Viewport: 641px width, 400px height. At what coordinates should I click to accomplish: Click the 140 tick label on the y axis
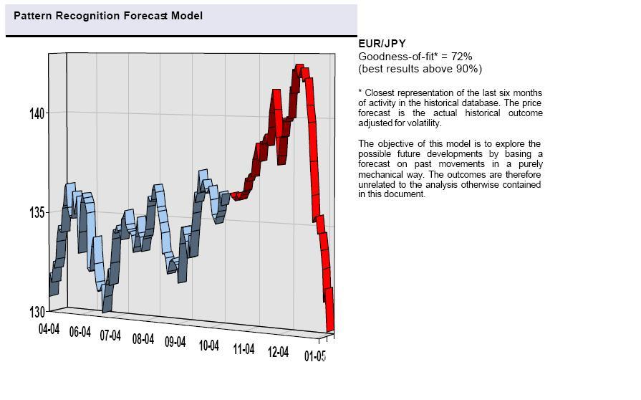(x=37, y=113)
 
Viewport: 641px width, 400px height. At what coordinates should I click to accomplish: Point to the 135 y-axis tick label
(x=37, y=212)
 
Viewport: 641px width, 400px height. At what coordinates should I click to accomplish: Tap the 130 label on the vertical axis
(x=37, y=312)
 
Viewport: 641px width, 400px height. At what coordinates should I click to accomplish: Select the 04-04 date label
(x=49, y=329)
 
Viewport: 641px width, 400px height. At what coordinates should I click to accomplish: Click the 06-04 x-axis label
(x=79, y=333)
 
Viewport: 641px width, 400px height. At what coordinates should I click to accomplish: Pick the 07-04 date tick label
(x=110, y=335)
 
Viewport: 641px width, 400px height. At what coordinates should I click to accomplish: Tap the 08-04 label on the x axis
(x=143, y=339)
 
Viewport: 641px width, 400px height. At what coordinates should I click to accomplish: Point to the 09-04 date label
(x=175, y=342)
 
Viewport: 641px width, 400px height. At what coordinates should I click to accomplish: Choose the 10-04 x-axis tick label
(x=208, y=346)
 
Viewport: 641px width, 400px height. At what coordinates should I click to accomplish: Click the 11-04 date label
(x=244, y=349)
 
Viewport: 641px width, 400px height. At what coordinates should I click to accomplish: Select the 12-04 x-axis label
(x=278, y=352)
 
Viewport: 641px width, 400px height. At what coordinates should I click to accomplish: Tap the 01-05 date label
(x=315, y=356)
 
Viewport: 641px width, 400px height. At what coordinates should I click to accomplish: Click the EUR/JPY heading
(x=382, y=44)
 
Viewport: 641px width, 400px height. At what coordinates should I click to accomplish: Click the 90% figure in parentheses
(x=467, y=69)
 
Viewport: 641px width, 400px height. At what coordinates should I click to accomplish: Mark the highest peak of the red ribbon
(x=300, y=67)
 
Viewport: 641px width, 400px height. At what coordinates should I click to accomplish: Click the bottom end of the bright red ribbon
(x=331, y=328)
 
